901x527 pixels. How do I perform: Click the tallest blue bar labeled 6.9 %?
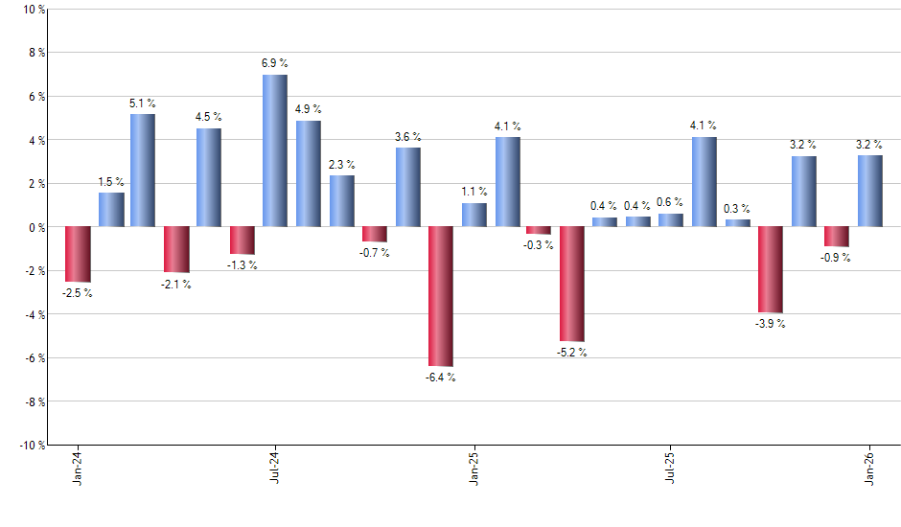coord(275,150)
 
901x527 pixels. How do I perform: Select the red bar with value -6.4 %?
coord(441,296)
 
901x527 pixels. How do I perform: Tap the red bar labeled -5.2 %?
coord(572,284)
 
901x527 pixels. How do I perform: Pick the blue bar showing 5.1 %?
coord(143,171)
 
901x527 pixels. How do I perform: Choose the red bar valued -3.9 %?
coord(771,269)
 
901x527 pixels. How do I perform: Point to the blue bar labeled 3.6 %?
coord(408,187)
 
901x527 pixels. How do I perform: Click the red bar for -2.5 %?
coord(78,254)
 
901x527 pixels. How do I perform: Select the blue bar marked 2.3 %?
coord(342,201)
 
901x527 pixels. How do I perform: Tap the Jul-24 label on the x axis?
coord(275,467)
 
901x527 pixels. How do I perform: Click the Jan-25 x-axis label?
coord(474,467)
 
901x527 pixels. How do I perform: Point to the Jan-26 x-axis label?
coord(870,467)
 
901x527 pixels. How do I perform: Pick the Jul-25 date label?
coord(671,467)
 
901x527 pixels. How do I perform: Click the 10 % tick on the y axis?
coord(34,10)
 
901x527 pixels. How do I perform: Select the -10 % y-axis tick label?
coord(32,446)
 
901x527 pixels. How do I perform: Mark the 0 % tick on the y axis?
coord(36,227)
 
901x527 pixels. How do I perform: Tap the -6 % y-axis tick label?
coord(34,358)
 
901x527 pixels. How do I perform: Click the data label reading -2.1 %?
coord(176,285)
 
